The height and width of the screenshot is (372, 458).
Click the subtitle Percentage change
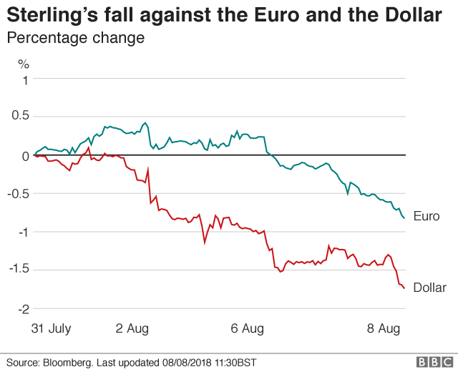[75, 38]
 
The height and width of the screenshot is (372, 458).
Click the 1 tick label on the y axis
[25, 79]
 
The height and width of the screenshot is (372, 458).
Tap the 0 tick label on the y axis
[25, 155]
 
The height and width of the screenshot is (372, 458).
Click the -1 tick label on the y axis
[23, 232]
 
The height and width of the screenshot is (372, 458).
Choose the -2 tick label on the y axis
[23, 308]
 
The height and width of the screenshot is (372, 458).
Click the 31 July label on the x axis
[52, 328]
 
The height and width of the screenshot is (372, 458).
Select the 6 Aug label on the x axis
[247, 328]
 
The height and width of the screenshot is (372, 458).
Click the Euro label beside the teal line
[427, 216]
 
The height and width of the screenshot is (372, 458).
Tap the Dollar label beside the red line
[430, 288]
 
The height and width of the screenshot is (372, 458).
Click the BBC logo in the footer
[432, 362]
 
